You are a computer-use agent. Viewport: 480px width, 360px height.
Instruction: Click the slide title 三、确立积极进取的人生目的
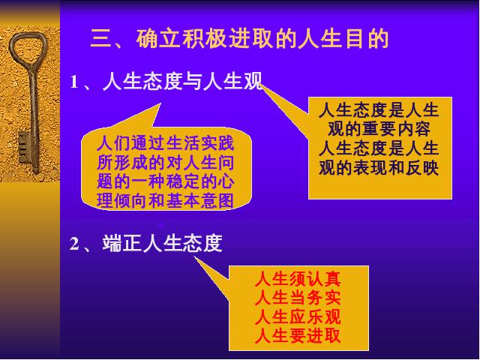(239, 38)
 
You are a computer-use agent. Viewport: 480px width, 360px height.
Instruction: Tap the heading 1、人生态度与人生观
(166, 82)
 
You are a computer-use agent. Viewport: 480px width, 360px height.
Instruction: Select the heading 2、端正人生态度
(146, 244)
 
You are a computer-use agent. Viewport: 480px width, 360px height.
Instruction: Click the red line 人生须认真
(298, 279)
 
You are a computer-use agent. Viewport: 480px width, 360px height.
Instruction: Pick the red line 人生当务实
(298, 298)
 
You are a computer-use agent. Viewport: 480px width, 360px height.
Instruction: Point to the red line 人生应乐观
(298, 316)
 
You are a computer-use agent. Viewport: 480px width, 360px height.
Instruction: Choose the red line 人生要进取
(298, 336)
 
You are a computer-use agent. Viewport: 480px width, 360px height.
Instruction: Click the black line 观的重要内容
(379, 129)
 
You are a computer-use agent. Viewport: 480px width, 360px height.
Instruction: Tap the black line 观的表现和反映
(379, 167)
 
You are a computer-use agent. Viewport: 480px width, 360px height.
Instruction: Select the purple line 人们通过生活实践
(166, 143)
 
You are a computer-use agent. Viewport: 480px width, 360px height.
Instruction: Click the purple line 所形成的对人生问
(166, 163)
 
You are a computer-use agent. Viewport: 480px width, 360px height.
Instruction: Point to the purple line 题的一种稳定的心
(166, 181)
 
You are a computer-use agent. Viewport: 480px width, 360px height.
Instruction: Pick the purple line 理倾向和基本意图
(166, 200)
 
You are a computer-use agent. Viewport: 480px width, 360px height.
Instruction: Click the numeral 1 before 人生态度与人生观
(73, 82)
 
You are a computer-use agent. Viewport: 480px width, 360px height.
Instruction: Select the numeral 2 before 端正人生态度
(74, 244)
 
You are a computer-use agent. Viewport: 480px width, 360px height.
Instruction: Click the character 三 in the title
(100, 39)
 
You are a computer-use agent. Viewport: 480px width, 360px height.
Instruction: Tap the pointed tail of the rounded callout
(159, 105)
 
